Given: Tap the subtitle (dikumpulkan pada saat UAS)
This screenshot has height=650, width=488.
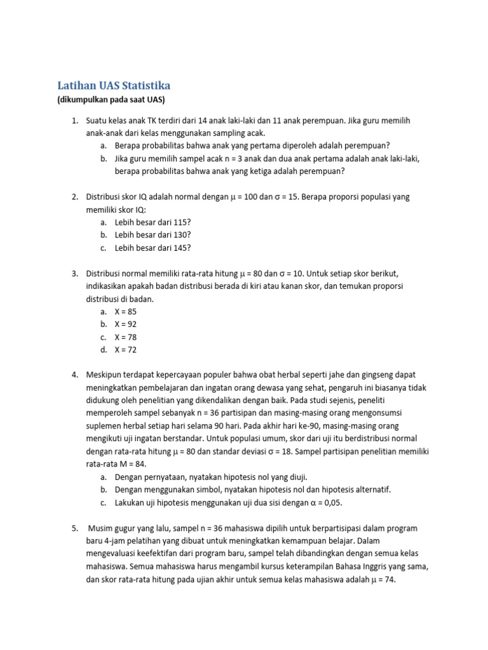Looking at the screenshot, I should (x=111, y=100).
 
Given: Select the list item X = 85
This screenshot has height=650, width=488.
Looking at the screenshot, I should (x=125, y=312).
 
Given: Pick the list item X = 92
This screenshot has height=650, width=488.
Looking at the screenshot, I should (x=125, y=324).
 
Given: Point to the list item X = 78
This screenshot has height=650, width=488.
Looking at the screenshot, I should (x=125, y=337).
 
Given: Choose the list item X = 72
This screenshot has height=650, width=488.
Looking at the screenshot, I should (x=125, y=350).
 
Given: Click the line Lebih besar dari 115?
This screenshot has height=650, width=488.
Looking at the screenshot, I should (x=152, y=223).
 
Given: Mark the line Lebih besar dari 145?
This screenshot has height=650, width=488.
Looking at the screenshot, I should (x=152, y=248).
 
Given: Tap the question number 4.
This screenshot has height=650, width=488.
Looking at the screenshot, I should (x=74, y=375).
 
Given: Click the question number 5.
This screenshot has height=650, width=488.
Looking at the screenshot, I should (x=74, y=528).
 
